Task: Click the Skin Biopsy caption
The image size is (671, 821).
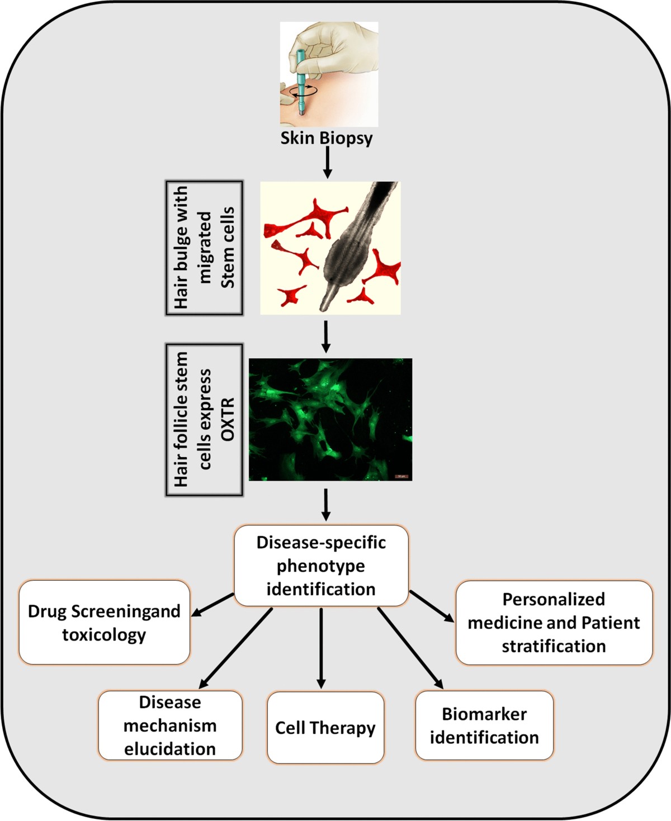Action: [327, 138]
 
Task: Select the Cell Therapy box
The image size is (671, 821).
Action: [325, 727]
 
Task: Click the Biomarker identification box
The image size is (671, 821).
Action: [484, 725]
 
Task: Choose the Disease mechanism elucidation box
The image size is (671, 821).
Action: [170, 725]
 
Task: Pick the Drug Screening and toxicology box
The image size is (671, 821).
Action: [104, 622]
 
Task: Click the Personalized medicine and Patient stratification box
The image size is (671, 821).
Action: [554, 622]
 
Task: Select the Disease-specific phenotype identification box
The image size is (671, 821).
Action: [321, 566]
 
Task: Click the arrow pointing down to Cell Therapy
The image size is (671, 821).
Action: [321, 648]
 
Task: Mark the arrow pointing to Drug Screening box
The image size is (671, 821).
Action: [212, 605]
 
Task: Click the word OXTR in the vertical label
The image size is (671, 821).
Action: [228, 420]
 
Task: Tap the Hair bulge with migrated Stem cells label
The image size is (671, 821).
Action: [204, 248]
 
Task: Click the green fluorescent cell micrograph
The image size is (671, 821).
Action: [330, 419]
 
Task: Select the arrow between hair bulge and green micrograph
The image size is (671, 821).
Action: [327, 336]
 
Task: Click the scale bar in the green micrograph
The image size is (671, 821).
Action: [401, 476]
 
